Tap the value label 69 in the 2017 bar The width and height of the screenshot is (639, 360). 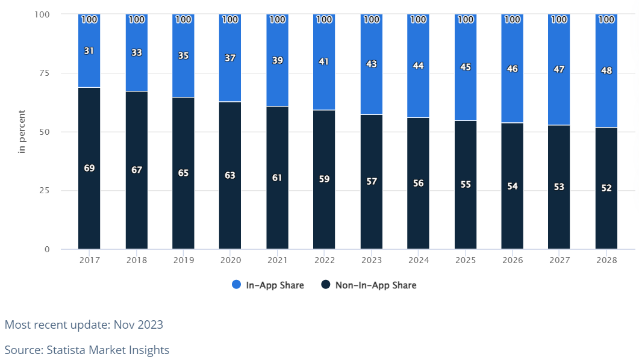tap(89, 168)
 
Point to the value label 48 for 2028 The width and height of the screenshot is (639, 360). tap(606, 70)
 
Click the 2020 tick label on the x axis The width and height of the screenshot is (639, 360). tap(230, 260)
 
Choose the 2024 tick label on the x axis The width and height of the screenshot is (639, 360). tap(418, 260)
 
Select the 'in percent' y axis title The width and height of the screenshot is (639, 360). tap(22, 132)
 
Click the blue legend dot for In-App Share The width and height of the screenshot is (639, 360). tap(236, 285)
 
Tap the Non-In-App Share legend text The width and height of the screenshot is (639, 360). tap(375, 285)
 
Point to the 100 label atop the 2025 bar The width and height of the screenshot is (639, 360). tap(466, 19)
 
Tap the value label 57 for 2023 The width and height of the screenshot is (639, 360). tap(372, 181)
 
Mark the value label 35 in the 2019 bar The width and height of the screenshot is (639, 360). tap(183, 55)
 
